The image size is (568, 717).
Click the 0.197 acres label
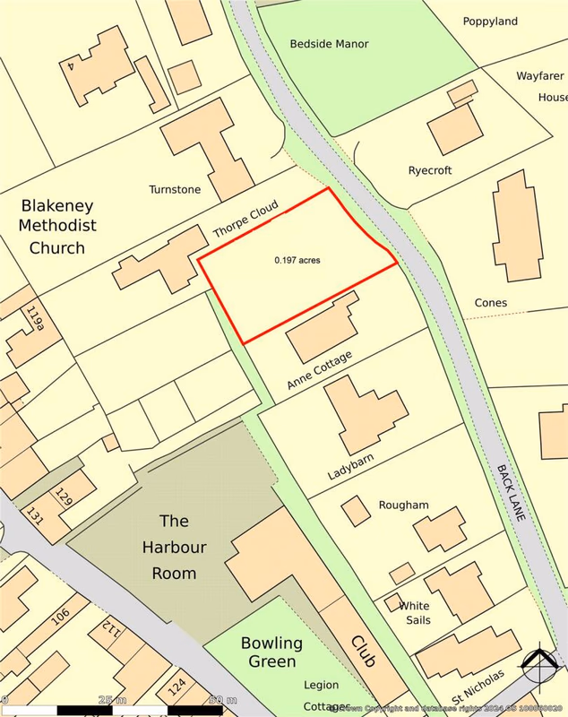pos(297,261)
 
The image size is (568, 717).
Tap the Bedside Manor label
pos(329,43)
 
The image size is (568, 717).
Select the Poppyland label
pos(490,21)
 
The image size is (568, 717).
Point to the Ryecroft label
pos(430,170)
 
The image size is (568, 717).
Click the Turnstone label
pos(176,189)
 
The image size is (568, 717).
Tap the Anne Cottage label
pos(319,370)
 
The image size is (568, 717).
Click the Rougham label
pos(403,505)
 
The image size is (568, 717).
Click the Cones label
pos(491,303)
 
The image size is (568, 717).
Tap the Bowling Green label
pos(271,652)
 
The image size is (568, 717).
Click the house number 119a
pos(35,318)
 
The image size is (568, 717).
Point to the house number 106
pos(61,617)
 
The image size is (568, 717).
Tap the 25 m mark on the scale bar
pos(112,699)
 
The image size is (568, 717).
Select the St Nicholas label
pos(478,686)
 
